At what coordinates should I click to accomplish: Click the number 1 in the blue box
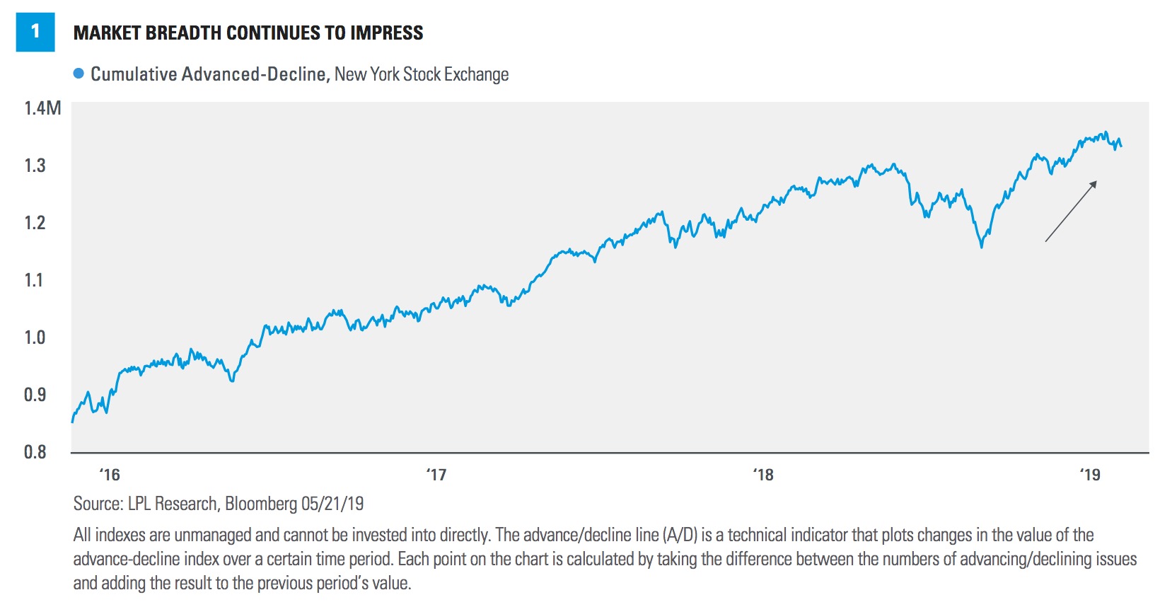[x=35, y=32]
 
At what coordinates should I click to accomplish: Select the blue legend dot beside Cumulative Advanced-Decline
[x=79, y=74]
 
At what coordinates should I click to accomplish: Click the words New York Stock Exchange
[x=422, y=74]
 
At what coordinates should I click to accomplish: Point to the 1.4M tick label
[x=42, y=108]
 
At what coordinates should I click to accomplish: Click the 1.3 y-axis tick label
[x=35, y=166]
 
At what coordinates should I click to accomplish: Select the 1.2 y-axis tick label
[x=35, y=223]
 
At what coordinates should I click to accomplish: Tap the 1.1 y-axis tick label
[x=35, y=280]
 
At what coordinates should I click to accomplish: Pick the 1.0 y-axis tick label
[x=35, y=337]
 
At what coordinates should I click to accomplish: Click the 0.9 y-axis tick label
[x=35, y=395]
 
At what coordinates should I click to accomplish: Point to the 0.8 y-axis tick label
[x=35, y=452]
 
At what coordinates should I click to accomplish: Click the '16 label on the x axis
[x=110, y=475]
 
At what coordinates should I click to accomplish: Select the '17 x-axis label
[x=436, y=475]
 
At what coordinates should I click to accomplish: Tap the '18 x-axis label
[x=763, y=475]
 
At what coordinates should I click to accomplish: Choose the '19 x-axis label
[x=1090, y=475]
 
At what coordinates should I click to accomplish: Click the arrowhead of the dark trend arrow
[x=1093, y=185]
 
